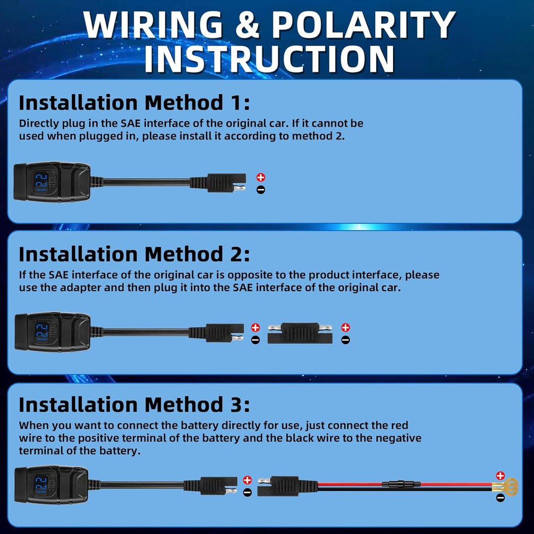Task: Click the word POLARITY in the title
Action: (363, 25)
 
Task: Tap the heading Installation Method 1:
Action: (134, 102)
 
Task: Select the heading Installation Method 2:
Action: (134, 254)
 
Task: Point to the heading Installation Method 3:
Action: (134, 404)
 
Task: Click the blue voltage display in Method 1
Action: (41, 182)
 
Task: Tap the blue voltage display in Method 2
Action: (42, 332)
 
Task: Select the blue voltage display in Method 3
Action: (41, 485)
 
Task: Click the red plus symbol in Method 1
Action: (261, 177)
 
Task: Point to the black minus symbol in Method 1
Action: (261, 190)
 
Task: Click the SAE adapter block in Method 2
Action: (300, 333)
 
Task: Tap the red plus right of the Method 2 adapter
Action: (346, 328)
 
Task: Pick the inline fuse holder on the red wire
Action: (401, 484)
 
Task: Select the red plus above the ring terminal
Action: (500, 476)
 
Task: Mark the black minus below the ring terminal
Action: (500, 498)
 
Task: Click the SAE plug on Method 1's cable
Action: (218, 183)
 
